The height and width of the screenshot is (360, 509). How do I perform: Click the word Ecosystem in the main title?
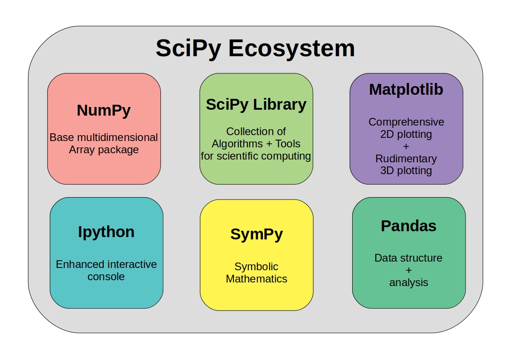[x=291, y=49]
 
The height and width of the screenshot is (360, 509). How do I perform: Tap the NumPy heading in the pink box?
[x=104, y=110]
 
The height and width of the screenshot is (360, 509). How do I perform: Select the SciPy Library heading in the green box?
[x=256, y=104]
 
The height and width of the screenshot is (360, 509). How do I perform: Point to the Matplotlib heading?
[x=406, y=89]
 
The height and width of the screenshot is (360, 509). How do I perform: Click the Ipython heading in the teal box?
[x=106, y=232]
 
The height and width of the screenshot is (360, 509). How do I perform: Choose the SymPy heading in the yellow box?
[x=257, y=234]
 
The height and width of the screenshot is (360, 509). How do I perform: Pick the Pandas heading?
[x=408, y=226]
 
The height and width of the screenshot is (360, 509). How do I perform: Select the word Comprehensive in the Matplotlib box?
[x=406, y=122]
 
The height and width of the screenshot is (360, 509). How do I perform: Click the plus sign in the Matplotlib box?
[x=406, y=146]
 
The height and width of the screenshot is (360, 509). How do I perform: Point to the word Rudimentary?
[x=406, y=159]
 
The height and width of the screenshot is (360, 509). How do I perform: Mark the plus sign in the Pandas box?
[x=408, y=270]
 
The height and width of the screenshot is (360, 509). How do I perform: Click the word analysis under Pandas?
[x=408, y=282]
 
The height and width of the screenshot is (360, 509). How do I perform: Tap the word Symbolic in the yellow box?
[x=257, y=267]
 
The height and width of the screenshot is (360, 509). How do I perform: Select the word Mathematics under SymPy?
[x=257, y=279]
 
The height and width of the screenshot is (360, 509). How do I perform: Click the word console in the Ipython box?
[x=106, y=276]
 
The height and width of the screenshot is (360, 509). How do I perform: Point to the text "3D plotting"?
[x=406, y=171]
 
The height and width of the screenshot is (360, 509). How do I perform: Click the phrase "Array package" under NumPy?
[x=104, y=150]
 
